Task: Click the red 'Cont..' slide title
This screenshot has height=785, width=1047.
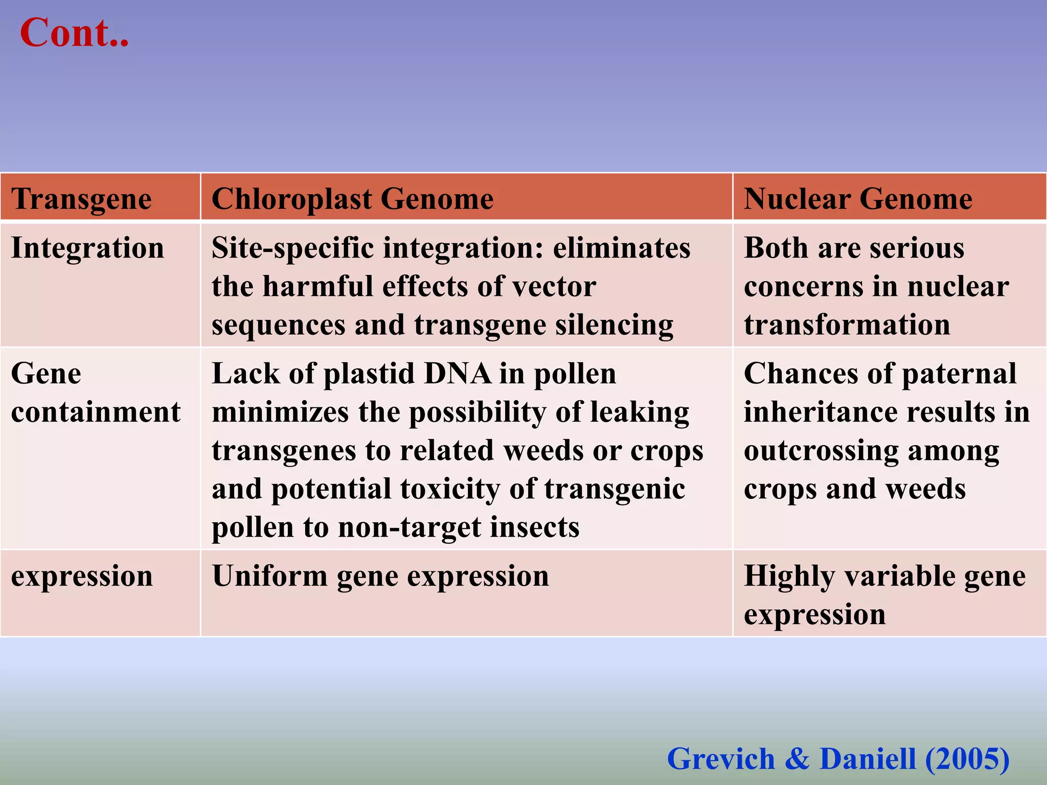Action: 74,33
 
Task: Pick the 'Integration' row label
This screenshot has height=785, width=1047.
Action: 87,248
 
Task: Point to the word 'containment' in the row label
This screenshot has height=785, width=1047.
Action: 96,412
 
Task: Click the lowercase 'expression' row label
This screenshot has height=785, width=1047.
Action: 82,576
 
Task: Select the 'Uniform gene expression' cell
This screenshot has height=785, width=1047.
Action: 380,576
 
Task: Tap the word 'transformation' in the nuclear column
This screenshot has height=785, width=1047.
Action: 847,325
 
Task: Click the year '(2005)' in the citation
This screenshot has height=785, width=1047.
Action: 967,758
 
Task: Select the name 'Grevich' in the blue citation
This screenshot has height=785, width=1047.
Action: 721,758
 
